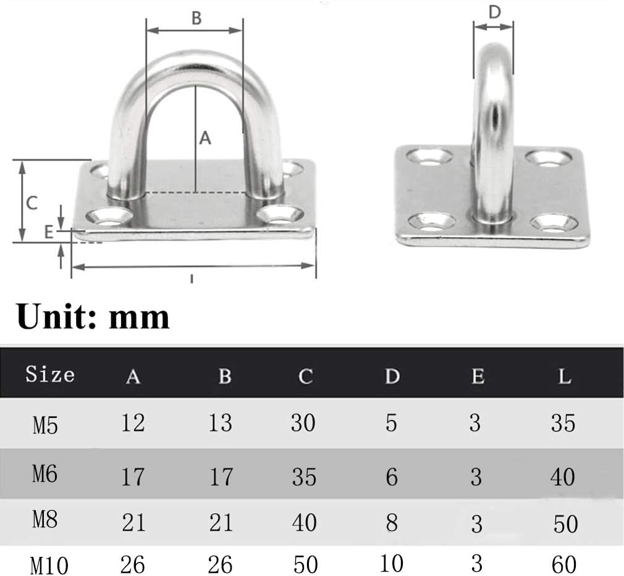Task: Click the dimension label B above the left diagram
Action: [x=196, y=19]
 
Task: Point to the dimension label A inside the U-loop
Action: [x=205, y=138]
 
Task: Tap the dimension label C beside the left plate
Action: [x=32, y=203]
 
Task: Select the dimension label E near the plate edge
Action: [x=49, y=232]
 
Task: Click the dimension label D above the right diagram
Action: [x=494, y=12]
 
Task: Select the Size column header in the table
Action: [x=50, y=374]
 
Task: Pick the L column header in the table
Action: [x=565, y=376]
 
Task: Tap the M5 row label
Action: [x=45, y=425]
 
